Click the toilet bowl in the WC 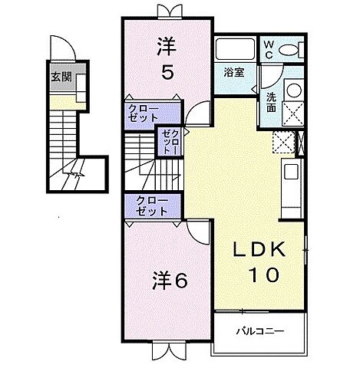[x=289, y=49]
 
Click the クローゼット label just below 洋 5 [x=143, y=113]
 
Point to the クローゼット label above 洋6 [x=152, y=205]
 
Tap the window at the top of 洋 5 [x=167, y=11]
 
